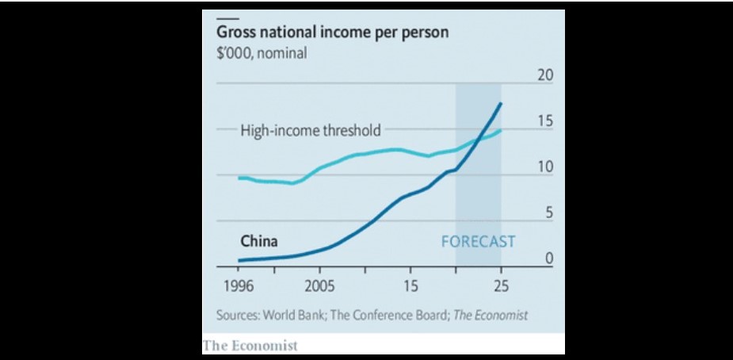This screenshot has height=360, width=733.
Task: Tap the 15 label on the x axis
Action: [410, 285]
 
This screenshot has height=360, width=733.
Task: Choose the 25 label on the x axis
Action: [500, 285]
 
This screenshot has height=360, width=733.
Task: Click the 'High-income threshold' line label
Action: [311, 130]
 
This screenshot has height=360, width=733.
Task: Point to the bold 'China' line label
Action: [258, 242]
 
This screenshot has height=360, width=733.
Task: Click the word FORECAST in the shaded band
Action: [477, 241]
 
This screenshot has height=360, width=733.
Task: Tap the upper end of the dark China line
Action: [500, 104]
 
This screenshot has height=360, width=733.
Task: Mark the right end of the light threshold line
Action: [500, 130]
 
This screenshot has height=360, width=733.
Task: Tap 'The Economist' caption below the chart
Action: [250, 345]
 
